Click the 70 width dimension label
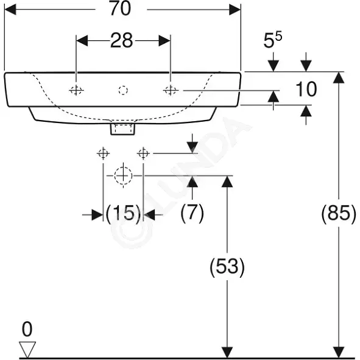pyautogui.click(x=121, y=9)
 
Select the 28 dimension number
pyautogui.click(x=122, y=40)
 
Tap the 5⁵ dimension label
pyautogui.click(x=272, y=40)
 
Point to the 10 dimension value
pyautogui.click(x=306, y=89)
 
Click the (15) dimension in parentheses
pyautogui.click(x=123, y=214)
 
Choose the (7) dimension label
pyautogui.click(x=192, y=213)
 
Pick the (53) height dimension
pyautogui.click(x=227, y=267)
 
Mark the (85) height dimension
pyautogui.click(x=339, y=214)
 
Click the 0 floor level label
pyautogui.click(x=27, y=329)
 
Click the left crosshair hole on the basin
pyautogui.click(x=76, y=90)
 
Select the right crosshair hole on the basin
pyautogui.click(x=171, y=90)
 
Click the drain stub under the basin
pyautogui.click(x=122, y=129)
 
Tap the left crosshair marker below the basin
pyautogui.click(x=103, y=153)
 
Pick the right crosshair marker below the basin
pyautogui.click(x=143, y=153)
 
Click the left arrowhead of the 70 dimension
pyautogui.click(x=10, y=10)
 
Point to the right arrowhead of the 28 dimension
pyautogui.click(x=164, y=41)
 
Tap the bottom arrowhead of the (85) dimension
pyautogui.click(x=339, y=352)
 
